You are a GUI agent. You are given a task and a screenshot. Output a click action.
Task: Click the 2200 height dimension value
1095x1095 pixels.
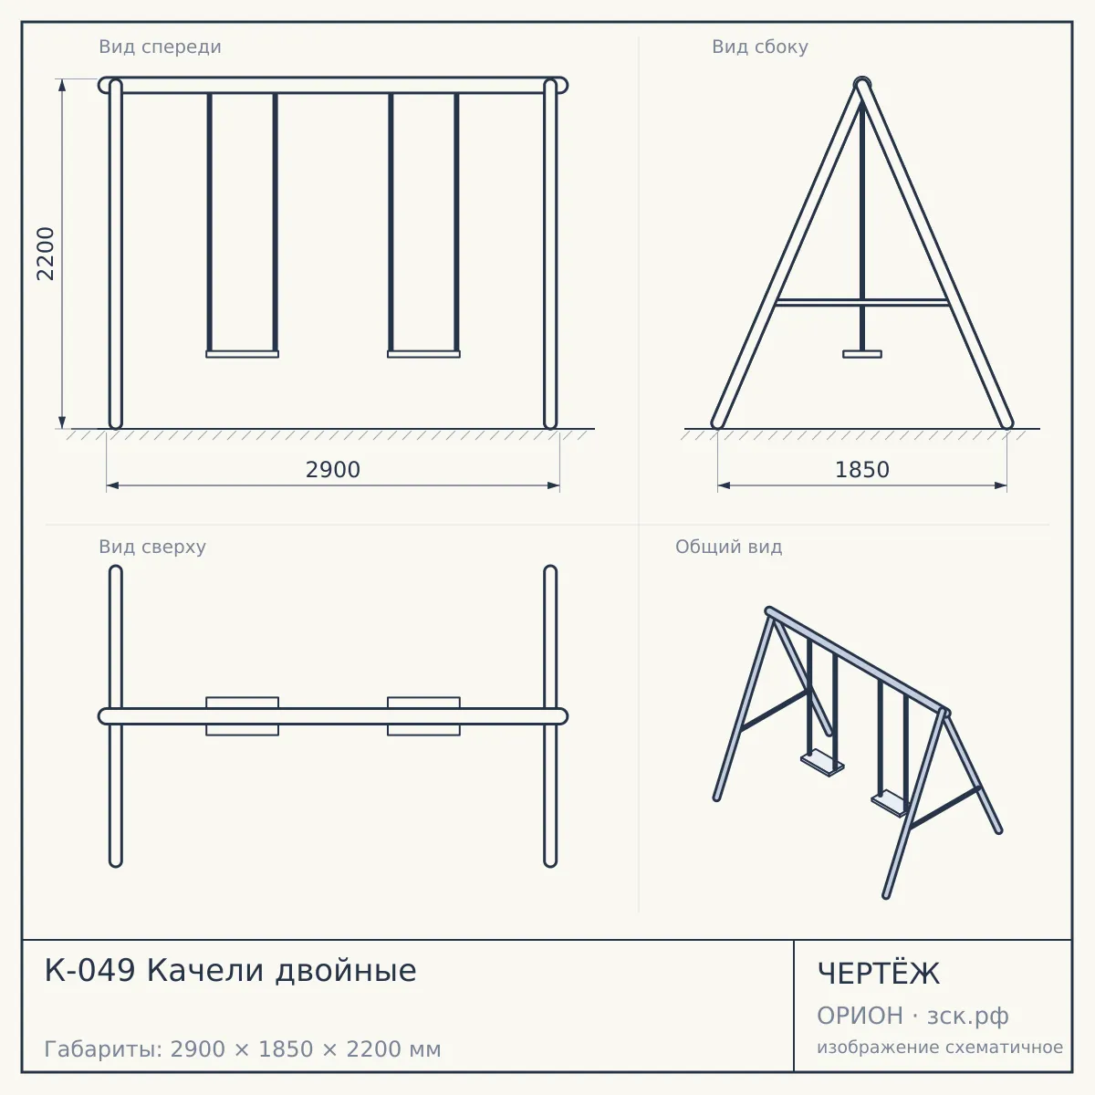point(46,254)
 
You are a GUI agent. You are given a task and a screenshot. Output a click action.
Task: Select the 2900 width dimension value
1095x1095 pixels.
point(333,470)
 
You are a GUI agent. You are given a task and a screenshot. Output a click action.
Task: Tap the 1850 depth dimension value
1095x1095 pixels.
point(862,470)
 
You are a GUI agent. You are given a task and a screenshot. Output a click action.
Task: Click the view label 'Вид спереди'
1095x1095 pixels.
point(160,47)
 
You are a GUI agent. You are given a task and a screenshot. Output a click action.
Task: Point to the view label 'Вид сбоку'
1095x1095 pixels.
point(760,47)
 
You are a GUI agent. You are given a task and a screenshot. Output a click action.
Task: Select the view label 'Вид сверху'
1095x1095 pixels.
point(152,547)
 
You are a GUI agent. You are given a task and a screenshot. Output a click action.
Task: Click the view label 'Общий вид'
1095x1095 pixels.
point(728,547)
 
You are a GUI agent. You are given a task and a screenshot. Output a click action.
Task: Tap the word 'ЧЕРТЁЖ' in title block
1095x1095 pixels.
point(879,974)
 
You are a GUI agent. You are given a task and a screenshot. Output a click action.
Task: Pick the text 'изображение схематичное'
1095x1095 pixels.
point(940,1048)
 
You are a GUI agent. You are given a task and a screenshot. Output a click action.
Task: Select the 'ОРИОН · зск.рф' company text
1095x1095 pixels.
point(912,1016)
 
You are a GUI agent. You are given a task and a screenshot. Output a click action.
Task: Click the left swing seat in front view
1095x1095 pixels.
point(242,354)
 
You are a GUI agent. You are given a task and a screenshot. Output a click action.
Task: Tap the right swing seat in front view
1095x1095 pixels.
point(424,354)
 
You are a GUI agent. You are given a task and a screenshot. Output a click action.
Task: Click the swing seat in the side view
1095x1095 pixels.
point(862,354)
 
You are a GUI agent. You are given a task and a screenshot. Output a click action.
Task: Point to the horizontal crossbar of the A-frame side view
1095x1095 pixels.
point(862,302)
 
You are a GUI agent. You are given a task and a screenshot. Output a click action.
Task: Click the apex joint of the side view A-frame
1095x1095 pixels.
point(862,84)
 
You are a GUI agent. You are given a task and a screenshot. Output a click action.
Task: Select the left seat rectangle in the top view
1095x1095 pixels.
point(242,716)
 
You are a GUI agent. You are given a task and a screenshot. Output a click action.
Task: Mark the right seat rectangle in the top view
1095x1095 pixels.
point(424,716)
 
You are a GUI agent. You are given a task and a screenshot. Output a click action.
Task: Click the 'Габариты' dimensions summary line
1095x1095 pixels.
point(243,1049)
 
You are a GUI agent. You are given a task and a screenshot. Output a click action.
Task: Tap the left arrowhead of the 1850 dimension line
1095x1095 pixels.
point(724,485)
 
